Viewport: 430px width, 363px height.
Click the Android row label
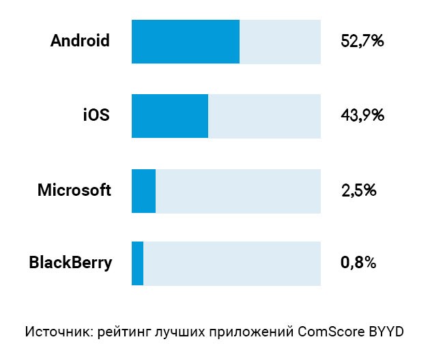click(x=80, y=41)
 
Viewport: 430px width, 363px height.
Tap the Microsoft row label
click(x=74, y=190)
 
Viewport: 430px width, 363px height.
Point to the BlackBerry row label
click(x=70, y=263)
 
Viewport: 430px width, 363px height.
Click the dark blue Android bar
click(x=185, y=42)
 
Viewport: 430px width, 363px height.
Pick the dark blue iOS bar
click(x=169, y=115)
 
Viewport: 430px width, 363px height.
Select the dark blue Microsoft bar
click(x=143, y=190)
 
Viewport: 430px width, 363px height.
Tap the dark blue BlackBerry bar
click(x=137, y=263)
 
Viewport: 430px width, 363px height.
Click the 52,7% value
click(x=362, y=42)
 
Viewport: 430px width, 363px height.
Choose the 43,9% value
click(x=362, y=115)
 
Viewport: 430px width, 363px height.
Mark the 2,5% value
click(x=359, y=190)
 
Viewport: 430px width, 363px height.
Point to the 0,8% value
click(x=359, y=263)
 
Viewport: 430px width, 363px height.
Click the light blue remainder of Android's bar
click(x=280, y=42)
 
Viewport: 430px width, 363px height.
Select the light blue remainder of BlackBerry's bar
click(x=232, y=263)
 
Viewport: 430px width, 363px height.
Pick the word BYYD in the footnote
click(x=387, y=332)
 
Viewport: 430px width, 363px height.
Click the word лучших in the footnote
click(x=179, y=332)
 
